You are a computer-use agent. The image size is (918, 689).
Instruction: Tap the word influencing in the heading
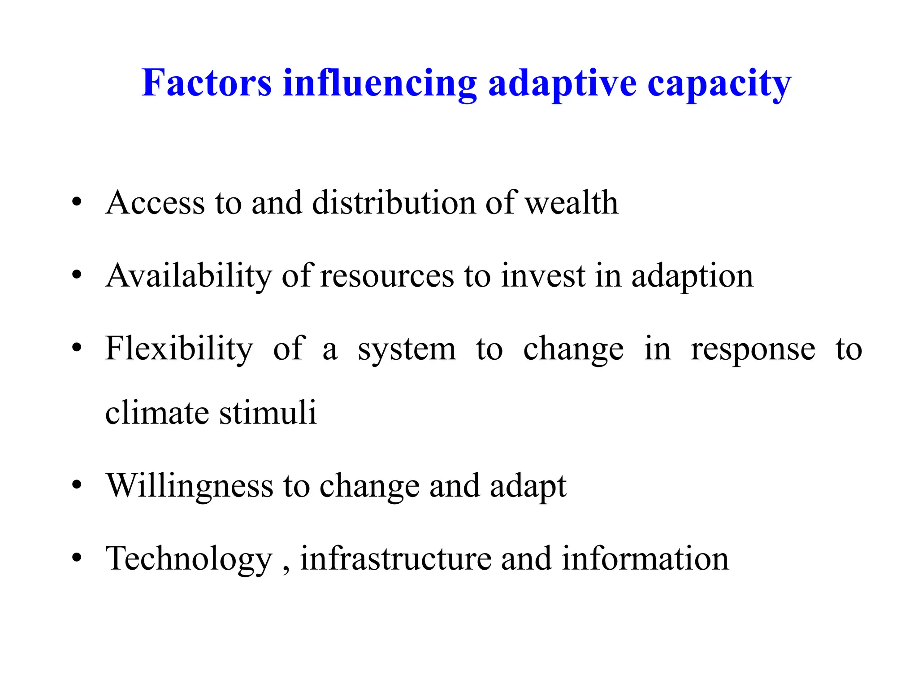click(x=380, y=84)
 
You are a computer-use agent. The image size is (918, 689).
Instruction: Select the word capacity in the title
click(x=719, y=84)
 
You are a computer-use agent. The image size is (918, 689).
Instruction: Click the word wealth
click(x=572, y=203)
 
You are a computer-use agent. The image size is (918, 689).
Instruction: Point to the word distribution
click(x=393, y=203)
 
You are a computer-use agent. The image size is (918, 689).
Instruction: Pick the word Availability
click(x=189, y=276)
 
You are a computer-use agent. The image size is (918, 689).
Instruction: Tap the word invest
click(x=543, y=276)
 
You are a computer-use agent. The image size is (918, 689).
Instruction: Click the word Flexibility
click(x=179, y=349)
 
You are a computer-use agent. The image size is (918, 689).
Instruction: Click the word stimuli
click(x=268, y=413)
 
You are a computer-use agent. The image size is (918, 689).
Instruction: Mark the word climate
click(x=157, y=413)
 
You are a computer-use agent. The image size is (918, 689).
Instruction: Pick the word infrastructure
click(x=396, y=559)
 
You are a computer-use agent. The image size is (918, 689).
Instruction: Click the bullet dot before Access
click(x=77, y=202)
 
